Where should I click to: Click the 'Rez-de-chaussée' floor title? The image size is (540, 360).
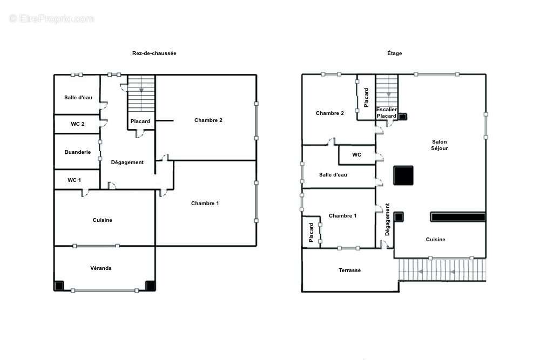(154, 53)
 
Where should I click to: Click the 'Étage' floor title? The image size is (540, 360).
(394, 53)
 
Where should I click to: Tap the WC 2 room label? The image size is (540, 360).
(78, 124)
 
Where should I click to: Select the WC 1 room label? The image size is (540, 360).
(74, 180)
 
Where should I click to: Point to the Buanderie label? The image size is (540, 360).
(78, 152)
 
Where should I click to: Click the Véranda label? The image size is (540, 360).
(101, 268)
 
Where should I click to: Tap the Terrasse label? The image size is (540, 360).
(349, 270)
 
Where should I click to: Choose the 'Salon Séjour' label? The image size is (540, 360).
(440, 145)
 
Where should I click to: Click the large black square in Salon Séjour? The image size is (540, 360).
(403, 176)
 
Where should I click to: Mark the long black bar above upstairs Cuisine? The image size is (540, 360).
(457, 217)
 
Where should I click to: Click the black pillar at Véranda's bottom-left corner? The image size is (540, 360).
(59, 286)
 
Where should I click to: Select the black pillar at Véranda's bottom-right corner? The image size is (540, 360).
(150, 286)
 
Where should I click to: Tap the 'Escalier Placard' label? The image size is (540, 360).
(387, 113)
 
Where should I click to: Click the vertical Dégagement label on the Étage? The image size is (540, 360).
(387, 220)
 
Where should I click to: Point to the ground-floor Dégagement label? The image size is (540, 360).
(127, 162)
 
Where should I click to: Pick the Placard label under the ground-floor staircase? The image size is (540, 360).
(140, 121)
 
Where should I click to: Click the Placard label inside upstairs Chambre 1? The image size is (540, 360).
(312, 233)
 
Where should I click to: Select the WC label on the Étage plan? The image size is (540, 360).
(356, 155)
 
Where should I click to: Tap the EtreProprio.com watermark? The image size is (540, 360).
(52, 18)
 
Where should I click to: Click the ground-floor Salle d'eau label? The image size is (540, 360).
(78, 98)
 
